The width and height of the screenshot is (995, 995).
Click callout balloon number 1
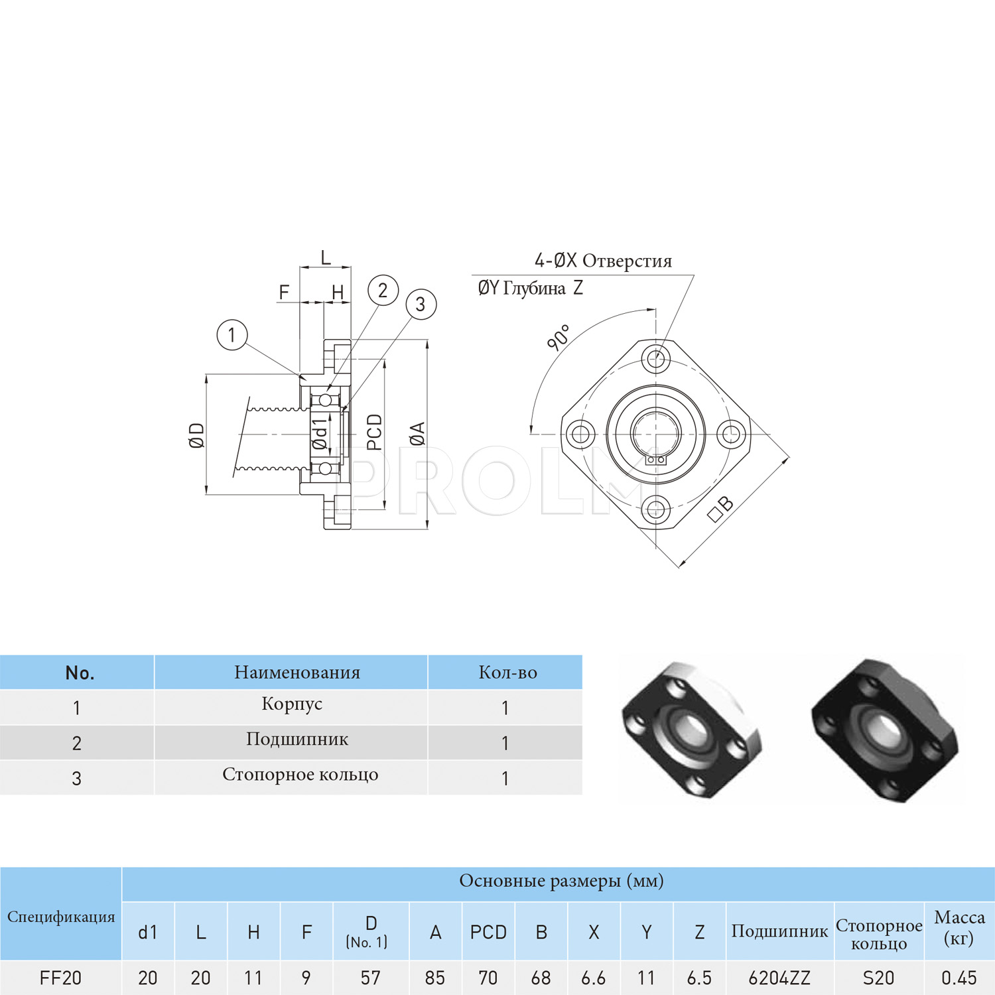point(232,335)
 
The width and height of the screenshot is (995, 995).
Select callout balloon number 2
point(383,291)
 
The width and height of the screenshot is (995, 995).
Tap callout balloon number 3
point(421,304)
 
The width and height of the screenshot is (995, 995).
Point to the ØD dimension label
point(197,435)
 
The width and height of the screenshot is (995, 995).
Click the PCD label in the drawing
point(375,432)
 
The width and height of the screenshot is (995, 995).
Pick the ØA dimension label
point(417,434)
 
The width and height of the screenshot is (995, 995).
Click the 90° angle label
point(559,338)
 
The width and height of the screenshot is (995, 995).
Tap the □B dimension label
point(721,509)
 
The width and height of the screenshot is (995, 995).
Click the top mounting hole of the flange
point(656,359)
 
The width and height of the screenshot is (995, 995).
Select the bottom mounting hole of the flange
point(656,509)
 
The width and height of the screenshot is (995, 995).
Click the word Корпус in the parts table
point(292,704)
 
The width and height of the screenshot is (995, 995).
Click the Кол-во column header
point(508,673)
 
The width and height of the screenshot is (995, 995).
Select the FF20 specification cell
point(60,978)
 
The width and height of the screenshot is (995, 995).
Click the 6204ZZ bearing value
point(779,978)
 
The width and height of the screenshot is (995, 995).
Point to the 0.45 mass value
point(959,978)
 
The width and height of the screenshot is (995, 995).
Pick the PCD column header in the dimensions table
point(488,933)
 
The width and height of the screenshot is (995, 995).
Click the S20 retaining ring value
point(878,978)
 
